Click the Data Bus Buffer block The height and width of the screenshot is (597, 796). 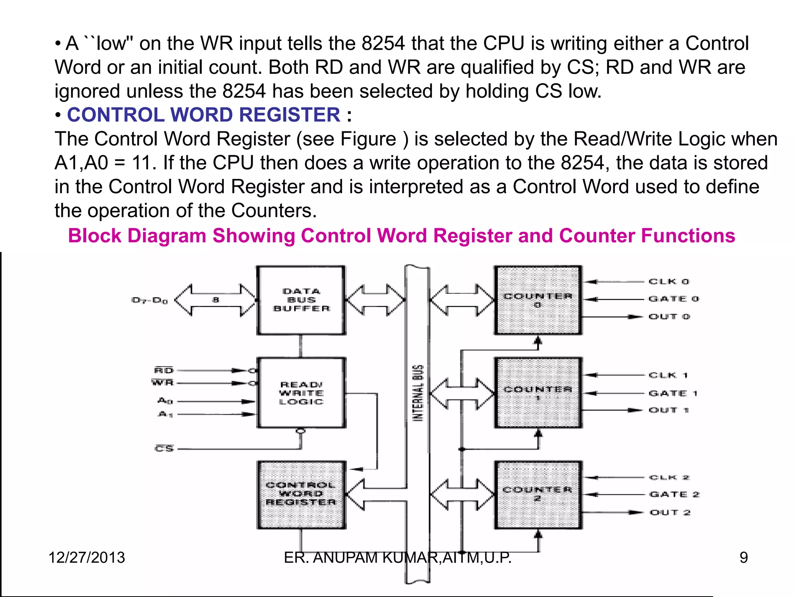point(301,300)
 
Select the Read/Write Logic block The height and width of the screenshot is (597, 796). point(301,393)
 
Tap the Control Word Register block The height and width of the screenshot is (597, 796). point(301,494)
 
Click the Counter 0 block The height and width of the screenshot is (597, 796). point(538,300)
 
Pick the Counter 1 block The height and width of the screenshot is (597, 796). point(538,393)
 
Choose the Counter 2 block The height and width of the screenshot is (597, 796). point(538,494)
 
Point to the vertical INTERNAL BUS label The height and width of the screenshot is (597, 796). point(418,393)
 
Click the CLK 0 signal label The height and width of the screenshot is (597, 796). point(669,281)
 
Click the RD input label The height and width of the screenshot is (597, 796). point(164,370)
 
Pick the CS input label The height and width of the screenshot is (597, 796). point(164,449)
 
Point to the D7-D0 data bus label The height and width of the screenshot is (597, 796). point(150,300)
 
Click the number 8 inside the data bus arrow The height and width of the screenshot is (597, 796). point(216,300)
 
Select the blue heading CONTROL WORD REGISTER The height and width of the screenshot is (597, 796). point(203,115)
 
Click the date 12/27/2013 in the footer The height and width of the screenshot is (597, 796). point(87,558)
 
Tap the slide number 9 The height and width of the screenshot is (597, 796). point(744,558)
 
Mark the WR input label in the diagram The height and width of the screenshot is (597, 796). point(162,383)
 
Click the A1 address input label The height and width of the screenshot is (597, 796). point(165,414)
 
